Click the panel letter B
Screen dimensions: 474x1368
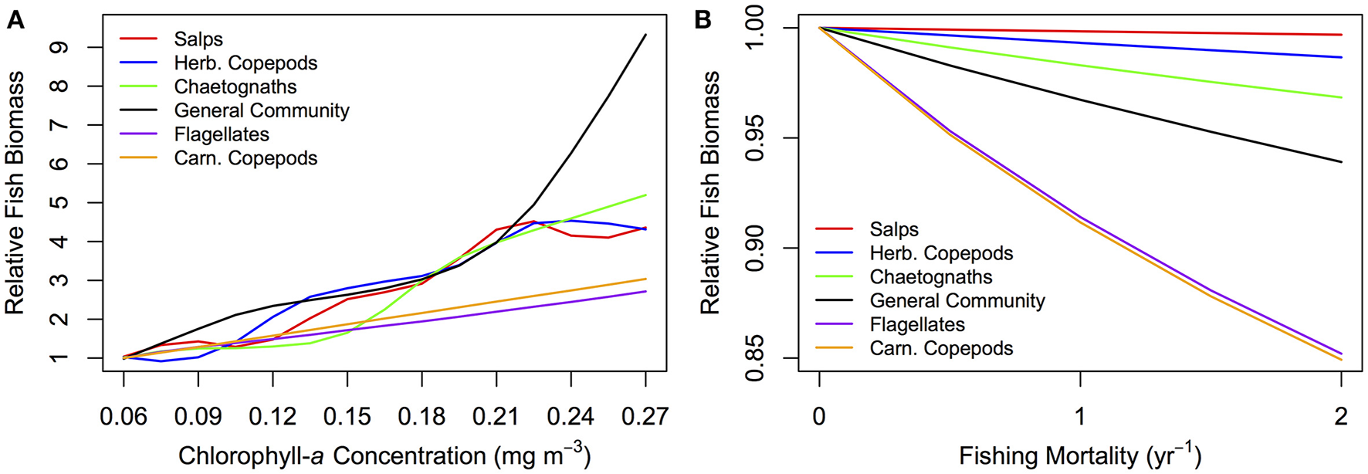click(703, 20)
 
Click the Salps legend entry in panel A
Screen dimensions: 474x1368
click(198, 39)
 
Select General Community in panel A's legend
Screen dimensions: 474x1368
click(261, 111)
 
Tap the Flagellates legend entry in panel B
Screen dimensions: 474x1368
click(917, 325)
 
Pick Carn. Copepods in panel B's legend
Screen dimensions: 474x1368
click(941, 349)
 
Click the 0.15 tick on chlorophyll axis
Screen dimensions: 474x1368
click(347, 417)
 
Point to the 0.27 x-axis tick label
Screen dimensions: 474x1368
click(645, 417)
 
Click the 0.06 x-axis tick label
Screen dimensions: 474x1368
click(124, 417)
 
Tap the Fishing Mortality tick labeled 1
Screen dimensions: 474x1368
click(1080, 417)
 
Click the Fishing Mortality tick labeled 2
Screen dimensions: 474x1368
click(1341, 417)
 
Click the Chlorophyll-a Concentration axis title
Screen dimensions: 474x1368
click(384, 455)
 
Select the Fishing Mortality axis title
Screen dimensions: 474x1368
click(1079, 455)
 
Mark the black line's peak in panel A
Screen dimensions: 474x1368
click(645, 35)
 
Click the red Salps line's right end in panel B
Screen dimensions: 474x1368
click(1341, 35)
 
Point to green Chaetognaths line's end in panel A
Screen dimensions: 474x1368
click(645, 195)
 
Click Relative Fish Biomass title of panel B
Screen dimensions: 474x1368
click(709, 193)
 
